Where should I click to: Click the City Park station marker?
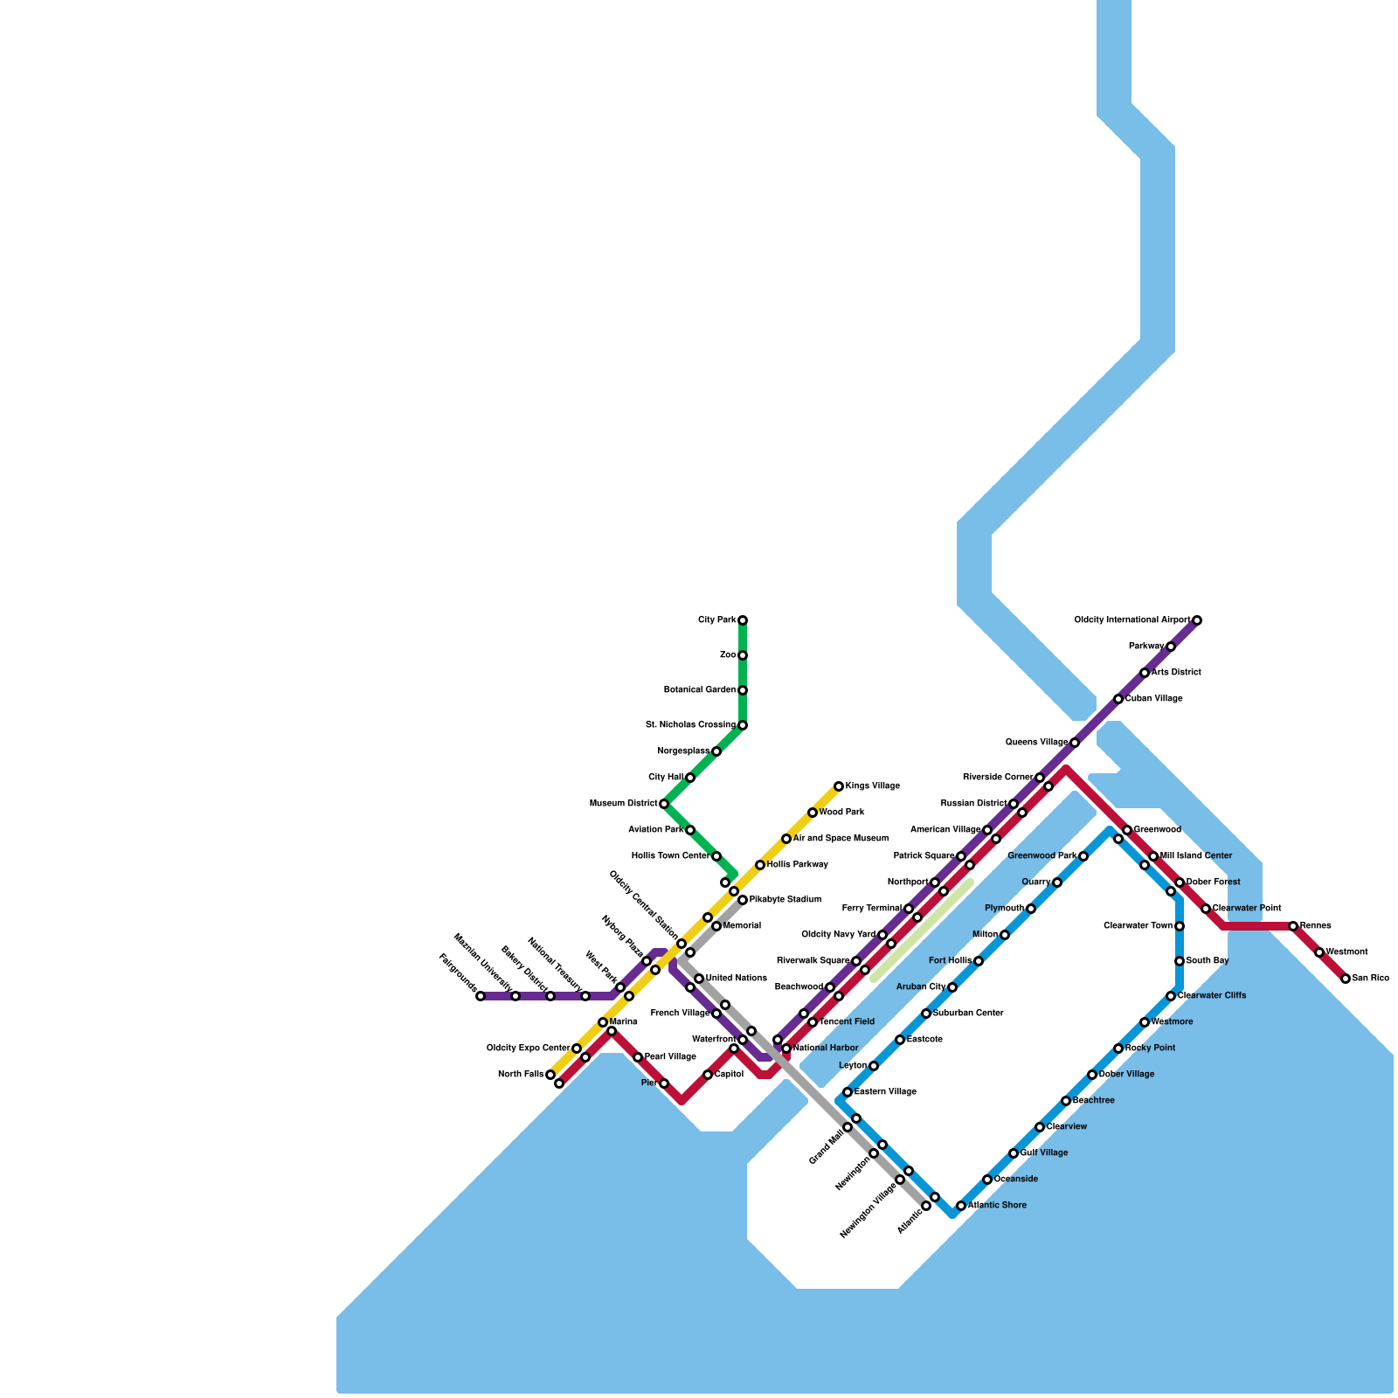coord(743,620)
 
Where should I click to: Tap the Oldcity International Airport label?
coord(1132,620)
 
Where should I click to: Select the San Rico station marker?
coord(1346,979)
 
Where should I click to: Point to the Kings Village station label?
coord(872,786)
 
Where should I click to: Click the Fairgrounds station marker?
coord(481,996)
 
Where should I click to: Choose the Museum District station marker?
coord(664,804)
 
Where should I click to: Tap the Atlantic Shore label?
coord(997,1206)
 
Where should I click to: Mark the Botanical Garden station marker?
coord(743,690)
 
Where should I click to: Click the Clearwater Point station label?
coord(1247,909)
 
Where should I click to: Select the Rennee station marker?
coord(1293,926)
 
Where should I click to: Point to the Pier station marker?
coord(664,1083)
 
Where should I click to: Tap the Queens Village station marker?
coord(1075,743)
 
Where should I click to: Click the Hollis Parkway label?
coord(797,865)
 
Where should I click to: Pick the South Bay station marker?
coord(1180,961)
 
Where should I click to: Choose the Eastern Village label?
coord(885,1092)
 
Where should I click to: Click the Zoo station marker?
coord(743,655)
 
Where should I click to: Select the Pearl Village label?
coord(670,1057)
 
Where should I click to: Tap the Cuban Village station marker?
coord(1118,699)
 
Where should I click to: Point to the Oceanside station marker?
coord(987,1180)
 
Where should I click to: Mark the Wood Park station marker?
coord(813,813)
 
